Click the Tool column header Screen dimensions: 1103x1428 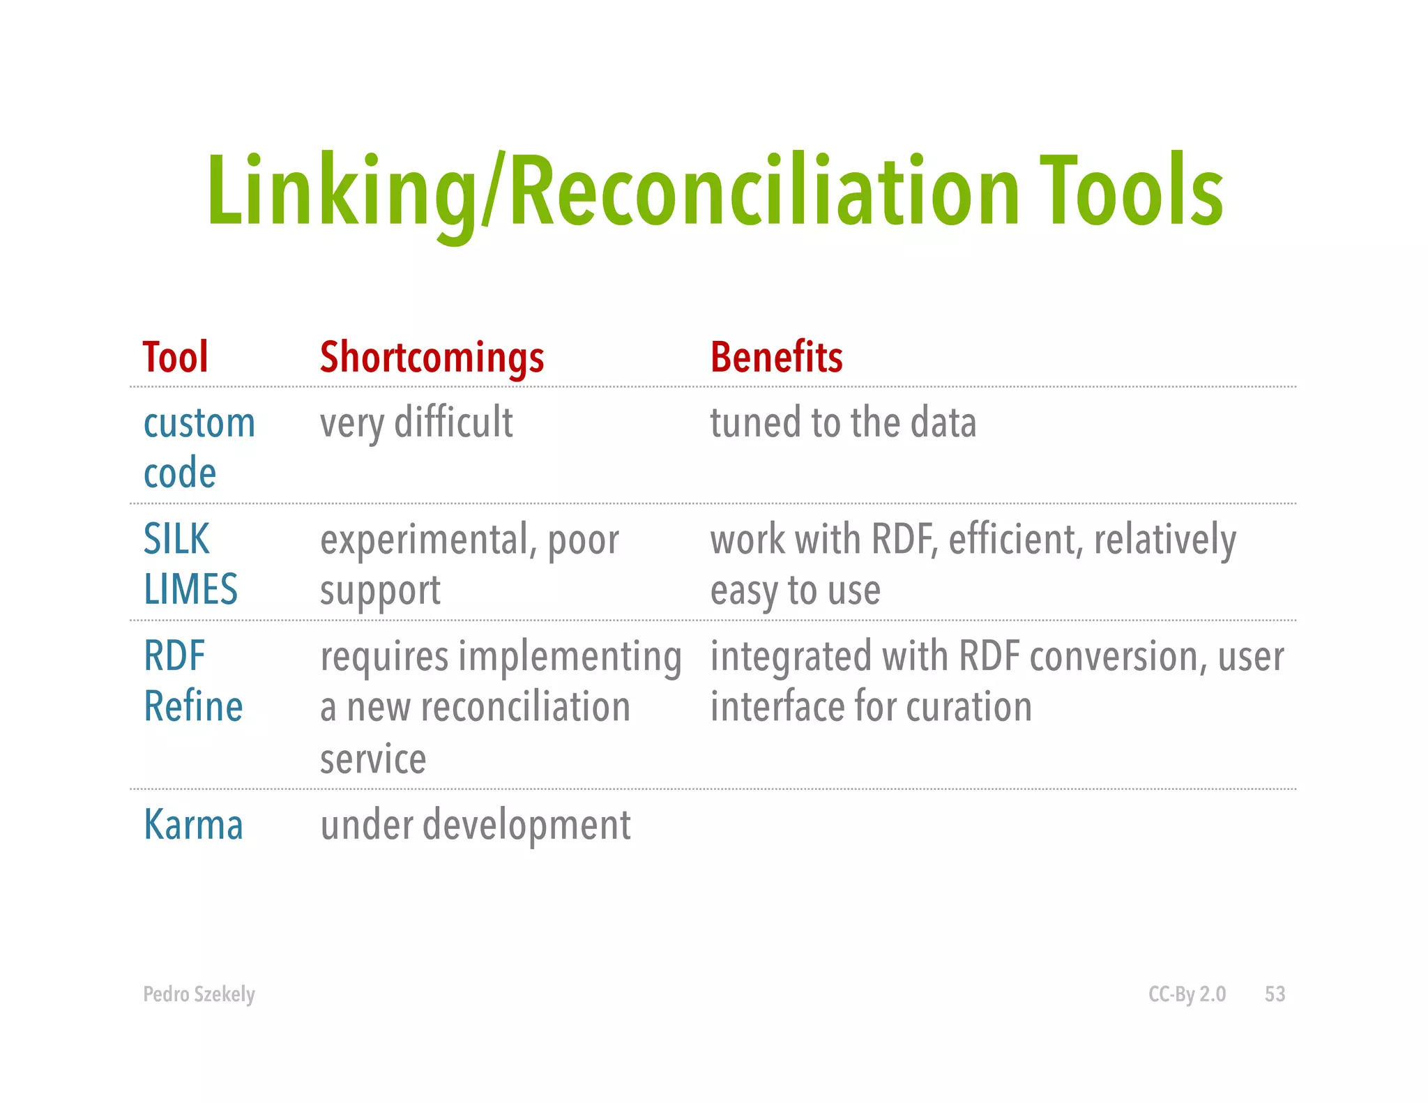(x=176, y=357)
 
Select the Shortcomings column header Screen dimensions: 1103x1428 (x=432, y=358)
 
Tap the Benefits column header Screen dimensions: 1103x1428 (x=776, y=357)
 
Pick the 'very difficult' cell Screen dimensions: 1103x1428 (x=416, y=423)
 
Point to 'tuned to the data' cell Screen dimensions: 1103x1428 (x=843, y=423)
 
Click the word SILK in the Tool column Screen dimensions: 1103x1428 (x=176, y=539)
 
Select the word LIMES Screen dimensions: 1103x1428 (x=190, y=589)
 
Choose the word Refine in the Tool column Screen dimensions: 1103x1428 (x=193, y=706)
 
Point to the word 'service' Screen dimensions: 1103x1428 (x=373, y=759)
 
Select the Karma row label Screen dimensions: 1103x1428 (x=193, y=825)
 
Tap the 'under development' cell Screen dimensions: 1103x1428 (x=476, y=826)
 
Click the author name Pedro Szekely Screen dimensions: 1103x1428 (x=199, y=994)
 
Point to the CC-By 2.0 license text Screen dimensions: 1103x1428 (x=1187, y=994)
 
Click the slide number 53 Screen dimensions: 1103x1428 (x=1275, y=994)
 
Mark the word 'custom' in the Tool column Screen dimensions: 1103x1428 (x=199, y=423)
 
